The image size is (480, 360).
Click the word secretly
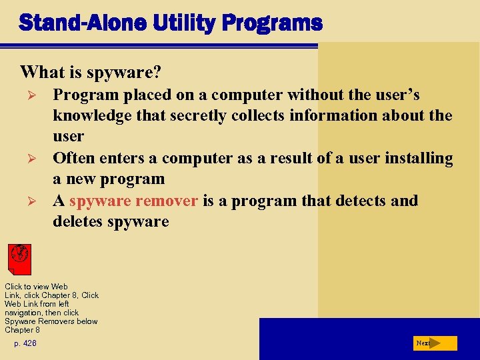pyautogui.click(x=195, y=115)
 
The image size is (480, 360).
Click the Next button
pyautogui.click(x=434, y=343)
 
